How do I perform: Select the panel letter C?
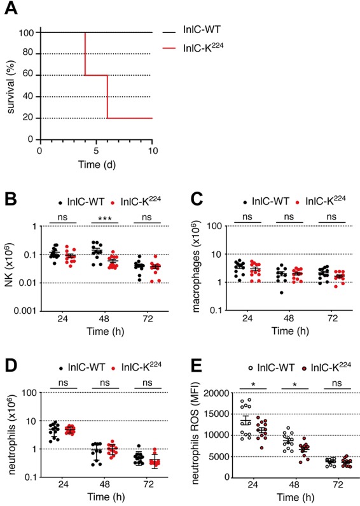(x=194, y=191)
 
